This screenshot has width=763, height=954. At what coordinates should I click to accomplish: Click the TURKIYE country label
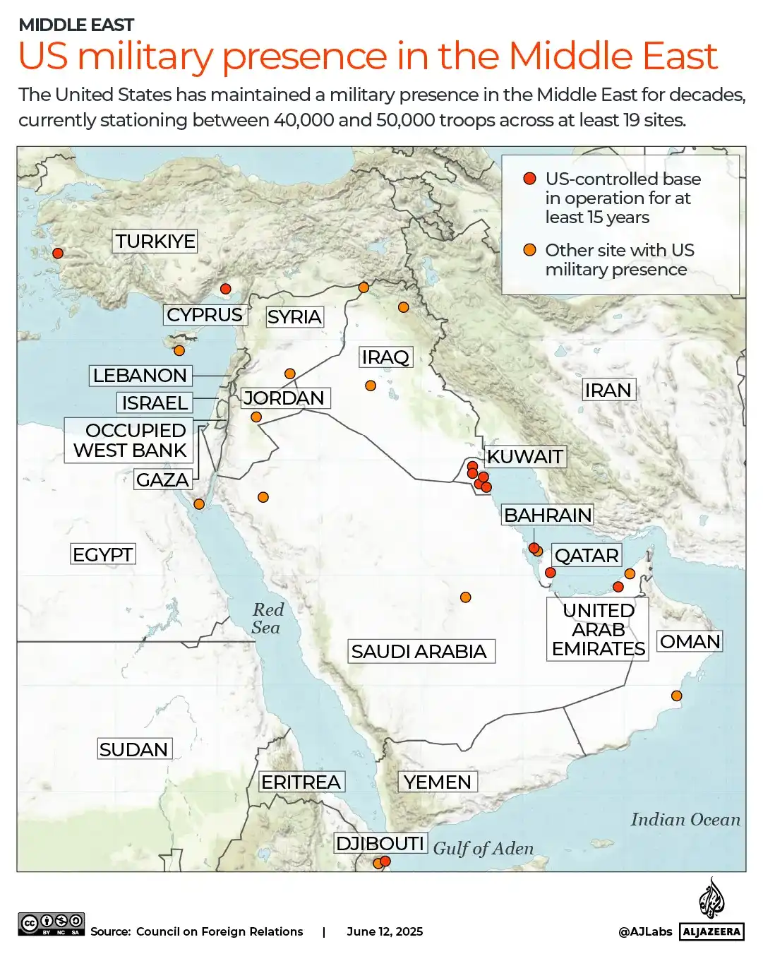point(155,242)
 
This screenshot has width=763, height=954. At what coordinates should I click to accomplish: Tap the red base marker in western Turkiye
point(58,254)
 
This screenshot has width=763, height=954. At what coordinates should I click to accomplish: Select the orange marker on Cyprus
point(179,350)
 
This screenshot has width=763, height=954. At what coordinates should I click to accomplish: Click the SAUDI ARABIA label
point(419,651)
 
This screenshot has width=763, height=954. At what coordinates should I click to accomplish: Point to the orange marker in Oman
point(676,696)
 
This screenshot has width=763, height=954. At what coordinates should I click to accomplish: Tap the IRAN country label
point(608,390)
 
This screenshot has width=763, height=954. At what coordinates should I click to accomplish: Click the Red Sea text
point(267,619)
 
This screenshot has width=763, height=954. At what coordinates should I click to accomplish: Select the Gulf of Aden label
point(483,848)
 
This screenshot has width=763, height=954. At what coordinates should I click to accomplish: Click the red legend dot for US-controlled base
point(529,179)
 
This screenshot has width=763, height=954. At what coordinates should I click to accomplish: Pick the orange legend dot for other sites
point(529,250)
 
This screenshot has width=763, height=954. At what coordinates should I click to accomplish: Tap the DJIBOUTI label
point(380,843)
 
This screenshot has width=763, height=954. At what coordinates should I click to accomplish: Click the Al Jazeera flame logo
point(711,898)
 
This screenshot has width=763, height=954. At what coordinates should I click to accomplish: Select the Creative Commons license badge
point(52,924)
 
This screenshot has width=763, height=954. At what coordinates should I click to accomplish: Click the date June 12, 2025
point(385,931)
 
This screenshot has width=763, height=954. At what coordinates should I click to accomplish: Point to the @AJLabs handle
point(645,931)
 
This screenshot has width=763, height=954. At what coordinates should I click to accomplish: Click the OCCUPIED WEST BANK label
point(130,440)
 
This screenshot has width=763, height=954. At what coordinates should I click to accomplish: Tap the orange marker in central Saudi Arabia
point(465,597)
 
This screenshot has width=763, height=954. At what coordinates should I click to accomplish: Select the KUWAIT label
point(524,457)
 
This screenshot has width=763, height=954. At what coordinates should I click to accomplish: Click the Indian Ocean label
point(685,819)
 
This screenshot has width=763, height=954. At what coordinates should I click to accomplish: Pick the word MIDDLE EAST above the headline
point(76,25)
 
